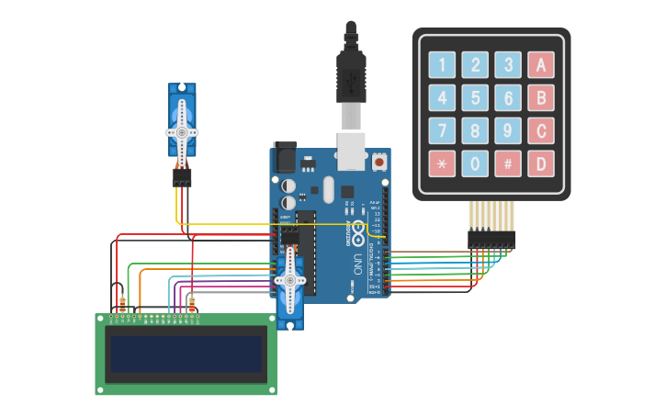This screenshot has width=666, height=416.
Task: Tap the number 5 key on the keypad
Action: [x=475, y=97]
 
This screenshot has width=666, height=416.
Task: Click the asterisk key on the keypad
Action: [x=443, y=163]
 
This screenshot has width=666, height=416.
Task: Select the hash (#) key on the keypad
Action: [x=508, y=163]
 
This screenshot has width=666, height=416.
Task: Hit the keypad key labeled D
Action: [x=541, y=163]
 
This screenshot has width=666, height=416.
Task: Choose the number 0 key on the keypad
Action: [x=475, y=163]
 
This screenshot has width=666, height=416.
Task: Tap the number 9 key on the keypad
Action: [x=508, y=130]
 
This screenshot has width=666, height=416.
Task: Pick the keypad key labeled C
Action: [x=541, y=130]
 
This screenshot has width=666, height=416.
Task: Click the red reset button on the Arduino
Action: [x=379, y=163]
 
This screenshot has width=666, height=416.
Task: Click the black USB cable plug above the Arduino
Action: [x=351, y=73]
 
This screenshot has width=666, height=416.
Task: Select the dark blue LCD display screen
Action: [x=186, y=354]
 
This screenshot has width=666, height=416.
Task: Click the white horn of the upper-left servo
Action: [x=182, y=129]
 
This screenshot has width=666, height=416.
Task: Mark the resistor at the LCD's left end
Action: [x=122, y=303]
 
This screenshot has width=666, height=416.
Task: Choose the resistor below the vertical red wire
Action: [x=191, y=303]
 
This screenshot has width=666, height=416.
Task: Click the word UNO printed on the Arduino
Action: [x=357, y=264]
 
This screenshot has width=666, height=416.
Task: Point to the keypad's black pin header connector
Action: [x=491, y=239]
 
